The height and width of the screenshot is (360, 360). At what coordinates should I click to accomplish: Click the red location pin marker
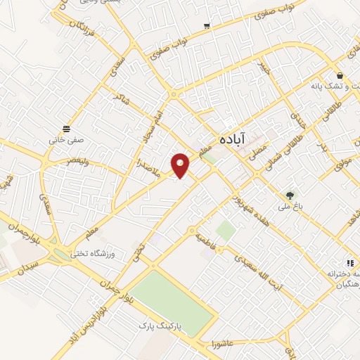coord(181,165)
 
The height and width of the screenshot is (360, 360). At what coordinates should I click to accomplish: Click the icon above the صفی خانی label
coord(66,128)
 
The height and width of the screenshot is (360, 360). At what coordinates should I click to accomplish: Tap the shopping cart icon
coord(207,27)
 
